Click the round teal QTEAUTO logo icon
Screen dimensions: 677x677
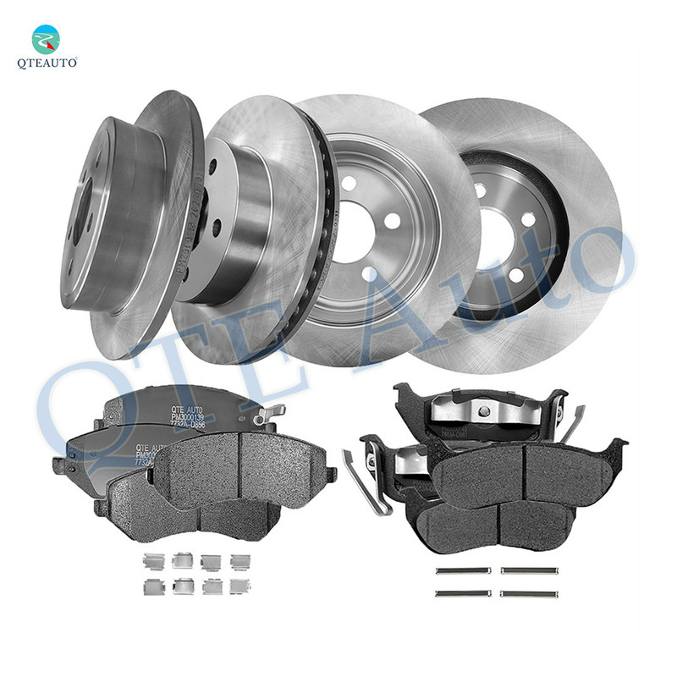[47, 39]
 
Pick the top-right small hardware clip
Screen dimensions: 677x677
[240, 560]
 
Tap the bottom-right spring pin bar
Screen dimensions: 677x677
[526, 594]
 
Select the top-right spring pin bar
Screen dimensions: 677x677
[526, 570]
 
